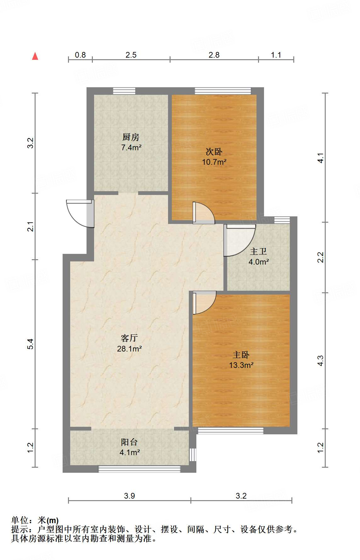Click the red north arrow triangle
click(x=35, y=56)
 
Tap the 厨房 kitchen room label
click(x=131, y=137)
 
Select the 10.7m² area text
click(x=214, y=162)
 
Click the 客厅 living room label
click(x=129, y=338)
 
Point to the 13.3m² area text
click(x=241, y=365)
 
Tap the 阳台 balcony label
click(x=129, y=442)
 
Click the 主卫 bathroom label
click(x=258, y=251)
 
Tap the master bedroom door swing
click(x=204, y=302)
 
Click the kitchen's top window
click(x=124, y=91)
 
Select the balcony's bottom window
click(x=139, y=469)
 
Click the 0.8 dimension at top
click(x=80, y=55)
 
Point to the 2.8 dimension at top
click(x=214, y=55)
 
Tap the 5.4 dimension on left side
click(x=30, y=344)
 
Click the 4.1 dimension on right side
click(x=320, y=157)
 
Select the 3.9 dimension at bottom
click(x=129, y=496)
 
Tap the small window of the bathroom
click(x=282, y=220)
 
